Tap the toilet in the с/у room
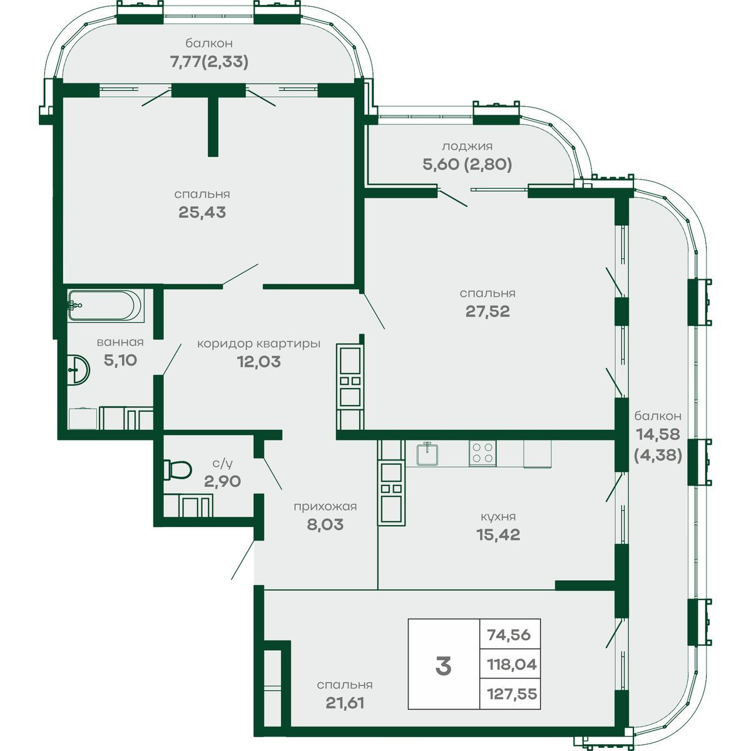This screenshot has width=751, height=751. [x=177, y=469]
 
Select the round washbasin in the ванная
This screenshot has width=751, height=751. [x=78, y=369]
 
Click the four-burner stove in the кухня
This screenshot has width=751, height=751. [x=483, y=453]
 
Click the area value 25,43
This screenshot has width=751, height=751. [x=202, y=212]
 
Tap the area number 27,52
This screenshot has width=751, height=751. [x=488, y=312]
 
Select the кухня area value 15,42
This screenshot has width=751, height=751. [x=498, y=534]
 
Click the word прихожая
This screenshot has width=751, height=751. [x=325, y=507]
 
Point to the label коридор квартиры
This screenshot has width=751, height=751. [x=258, y=344]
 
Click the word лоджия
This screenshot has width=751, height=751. [x=467, y=146]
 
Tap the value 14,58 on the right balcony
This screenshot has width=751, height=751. [x=658, y=434]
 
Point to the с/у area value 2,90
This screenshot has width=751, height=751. [x=222, y=481]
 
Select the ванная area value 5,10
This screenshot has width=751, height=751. [x=120, y=360]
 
